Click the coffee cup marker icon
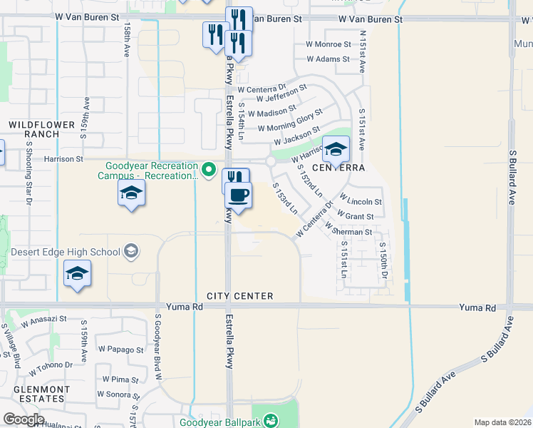(238, 195)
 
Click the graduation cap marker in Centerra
(336, 148)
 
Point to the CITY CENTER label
(240, 296)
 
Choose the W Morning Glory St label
(290, 120)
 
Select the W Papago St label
(121, 350)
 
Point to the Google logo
(23, 419)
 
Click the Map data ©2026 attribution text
(502, 422)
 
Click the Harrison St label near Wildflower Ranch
(63, 159)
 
